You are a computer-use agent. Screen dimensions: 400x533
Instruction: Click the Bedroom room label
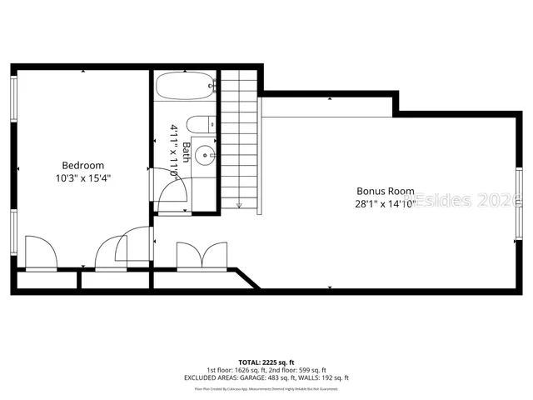83,165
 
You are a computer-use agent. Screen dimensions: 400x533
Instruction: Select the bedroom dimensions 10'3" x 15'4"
83,177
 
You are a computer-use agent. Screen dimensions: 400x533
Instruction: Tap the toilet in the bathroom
197,125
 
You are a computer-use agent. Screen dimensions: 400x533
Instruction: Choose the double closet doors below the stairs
202,256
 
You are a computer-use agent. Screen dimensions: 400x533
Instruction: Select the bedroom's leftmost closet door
40,252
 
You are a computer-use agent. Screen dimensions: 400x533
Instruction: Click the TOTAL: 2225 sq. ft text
266,363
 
